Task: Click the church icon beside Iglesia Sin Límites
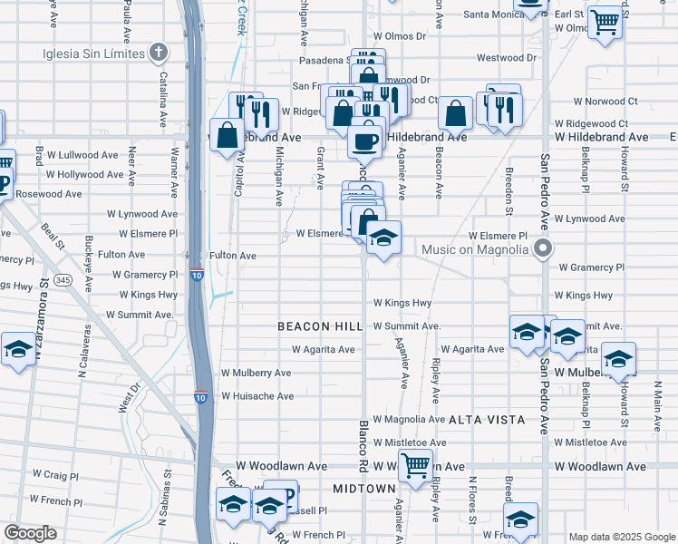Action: tap(159, 53)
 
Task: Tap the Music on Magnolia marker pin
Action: tap(543, 248)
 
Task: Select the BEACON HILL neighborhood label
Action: tap(318, 325)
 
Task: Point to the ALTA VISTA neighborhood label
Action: tap(487, 420)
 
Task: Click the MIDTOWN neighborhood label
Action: tap(364, 489)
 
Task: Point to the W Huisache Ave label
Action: tap(257, 396)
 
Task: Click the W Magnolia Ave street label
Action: tap(408, 419)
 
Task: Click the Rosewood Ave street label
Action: tap(49, 194)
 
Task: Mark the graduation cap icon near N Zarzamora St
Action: tap(17, 350)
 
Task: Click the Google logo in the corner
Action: tap(30, 533)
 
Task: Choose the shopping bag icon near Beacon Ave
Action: tap(456, 114)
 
